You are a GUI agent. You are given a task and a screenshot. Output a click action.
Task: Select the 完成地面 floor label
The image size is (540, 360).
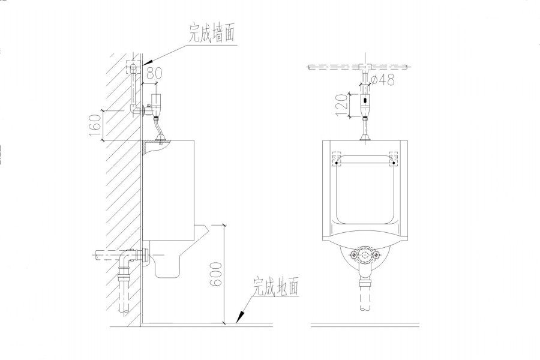tap(276, 287)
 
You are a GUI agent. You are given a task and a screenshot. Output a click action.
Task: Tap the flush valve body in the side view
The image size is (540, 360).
tap(158, 106)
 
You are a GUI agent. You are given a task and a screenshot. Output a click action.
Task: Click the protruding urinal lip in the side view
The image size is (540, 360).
tap(202, 230)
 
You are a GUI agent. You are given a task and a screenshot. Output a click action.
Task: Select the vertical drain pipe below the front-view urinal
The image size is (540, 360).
tap(365, 294)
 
